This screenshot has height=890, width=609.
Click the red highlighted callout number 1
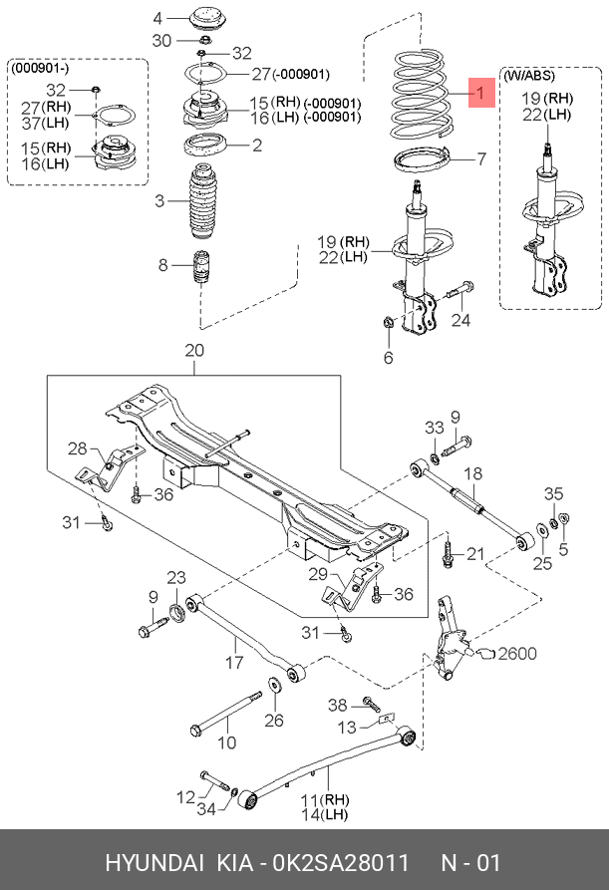pyautogui.click(x=481, y=93)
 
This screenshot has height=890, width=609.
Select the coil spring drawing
pyautogui.click(x=422, y=95)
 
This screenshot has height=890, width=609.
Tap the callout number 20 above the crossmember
pyautogui.click(x=194, y=350)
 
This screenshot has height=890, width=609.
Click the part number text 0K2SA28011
pyautogui.click(x=341, y=863)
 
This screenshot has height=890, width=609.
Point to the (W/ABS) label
pyautogui.click(x=529, y=76)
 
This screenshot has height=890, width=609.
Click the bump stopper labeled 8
pyautogui.click(x=202, y=269)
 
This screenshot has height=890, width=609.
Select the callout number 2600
pyautogui.click(x=517, y=654)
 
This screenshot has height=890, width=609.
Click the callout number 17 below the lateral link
pyautogui.click(x=234, y=662)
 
